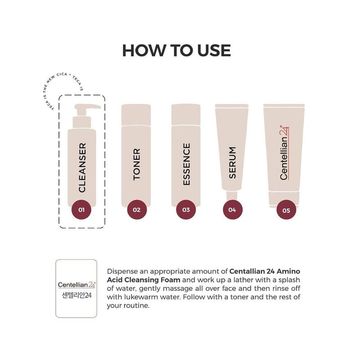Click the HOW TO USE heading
(176, 50)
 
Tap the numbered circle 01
(81, 209)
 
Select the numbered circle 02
(137, 209)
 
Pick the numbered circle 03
(186, 209)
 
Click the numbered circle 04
(232, 209)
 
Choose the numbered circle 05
(286, 209)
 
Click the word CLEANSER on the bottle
(82, 167)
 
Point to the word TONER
(137, 164)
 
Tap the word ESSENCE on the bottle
(186, 164)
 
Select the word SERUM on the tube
(232, 162)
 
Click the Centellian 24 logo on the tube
(284, 153)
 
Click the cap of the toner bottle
(136, 115)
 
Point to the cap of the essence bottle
(186, 115)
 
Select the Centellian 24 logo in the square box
(76, 284)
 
